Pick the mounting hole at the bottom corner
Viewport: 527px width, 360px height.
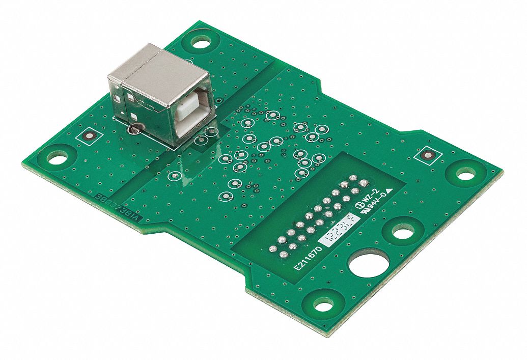pyautogui.click(x=323, y=304)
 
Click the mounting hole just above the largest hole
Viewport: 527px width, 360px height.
pyautogui.click(x=403, y=234)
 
